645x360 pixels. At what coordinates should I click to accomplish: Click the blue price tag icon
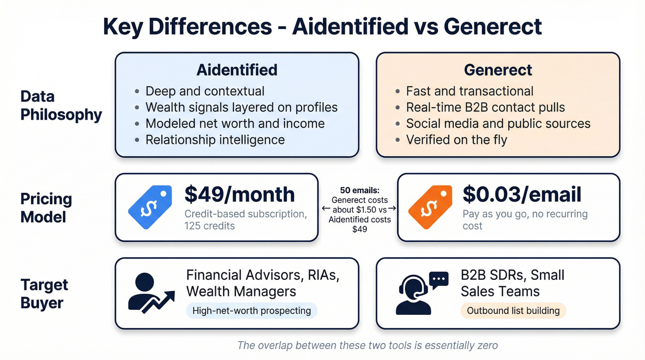(149, 208)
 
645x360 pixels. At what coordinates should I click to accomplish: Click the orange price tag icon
(429, 208)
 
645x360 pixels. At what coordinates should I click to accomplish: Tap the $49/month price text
(240, 194)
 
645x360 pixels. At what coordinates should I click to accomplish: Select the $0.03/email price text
(522, 194)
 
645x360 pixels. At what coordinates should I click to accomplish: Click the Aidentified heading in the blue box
(237, 70)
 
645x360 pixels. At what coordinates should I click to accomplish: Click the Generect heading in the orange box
(498, 70)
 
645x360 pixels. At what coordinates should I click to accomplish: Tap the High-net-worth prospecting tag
(252, 311)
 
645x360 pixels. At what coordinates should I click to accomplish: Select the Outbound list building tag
(513, 311)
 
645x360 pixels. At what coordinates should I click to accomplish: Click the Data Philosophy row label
(61, 105)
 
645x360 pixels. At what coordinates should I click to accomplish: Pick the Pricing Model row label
(46, 207)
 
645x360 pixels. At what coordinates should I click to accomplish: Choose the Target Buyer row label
(44, 294)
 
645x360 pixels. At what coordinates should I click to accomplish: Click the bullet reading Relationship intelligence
(215, 139)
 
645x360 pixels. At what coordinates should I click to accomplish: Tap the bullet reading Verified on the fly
(456, 139)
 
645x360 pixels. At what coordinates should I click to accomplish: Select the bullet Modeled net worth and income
(235, 123)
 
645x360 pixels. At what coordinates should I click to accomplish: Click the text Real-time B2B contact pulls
(485, 107)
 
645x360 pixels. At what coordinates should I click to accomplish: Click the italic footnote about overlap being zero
(367, 345)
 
